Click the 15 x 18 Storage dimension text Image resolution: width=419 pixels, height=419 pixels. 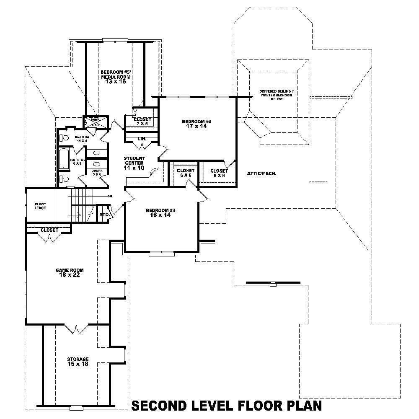tap(78, 364)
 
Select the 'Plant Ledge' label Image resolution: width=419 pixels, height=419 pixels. tap(40, 206)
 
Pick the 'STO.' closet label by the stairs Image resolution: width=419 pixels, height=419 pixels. tap(104, 215)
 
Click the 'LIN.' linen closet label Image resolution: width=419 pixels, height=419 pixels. tap(141, 139)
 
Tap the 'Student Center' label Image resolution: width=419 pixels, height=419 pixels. tap(134, 160)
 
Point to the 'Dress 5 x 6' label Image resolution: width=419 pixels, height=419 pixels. tap(97, 172)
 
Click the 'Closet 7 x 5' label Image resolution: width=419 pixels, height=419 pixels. tap(142, 121)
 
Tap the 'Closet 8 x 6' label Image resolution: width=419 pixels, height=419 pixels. tap(219, 173)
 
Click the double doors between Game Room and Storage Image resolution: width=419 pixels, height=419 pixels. tap(76, 329)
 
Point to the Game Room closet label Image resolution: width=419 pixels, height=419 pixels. tap(49, 230)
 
